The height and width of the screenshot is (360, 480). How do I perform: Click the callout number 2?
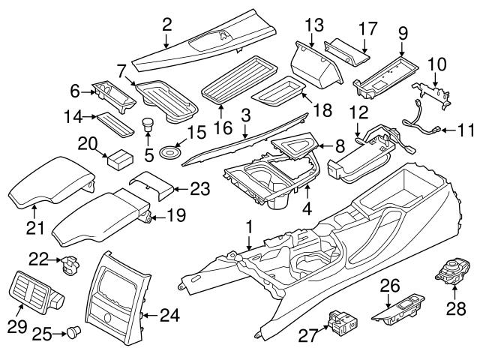click(x=167, y=25)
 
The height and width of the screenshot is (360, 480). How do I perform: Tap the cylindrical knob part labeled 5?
click(x=148, y=124)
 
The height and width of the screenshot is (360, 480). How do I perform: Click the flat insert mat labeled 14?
click(x=115, y=121)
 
